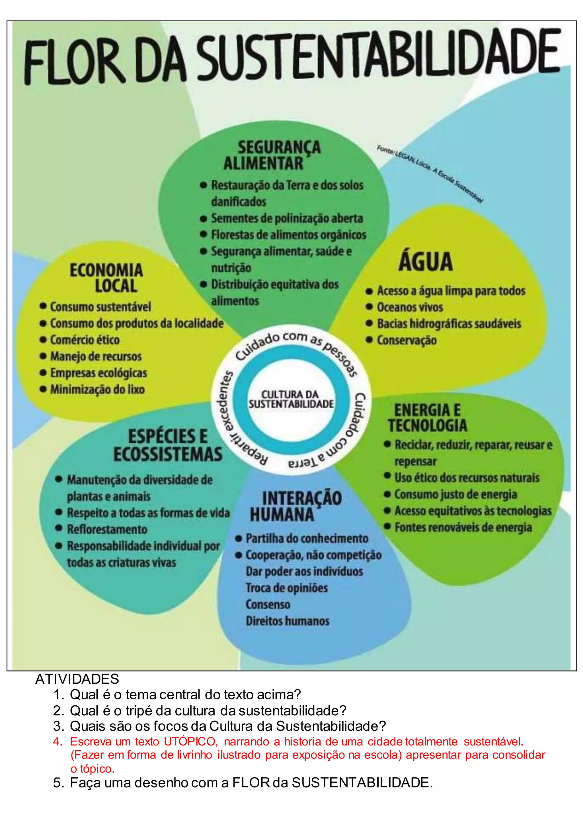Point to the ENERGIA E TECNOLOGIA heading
(x=427, y=418)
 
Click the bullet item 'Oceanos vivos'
(x=410, y=307)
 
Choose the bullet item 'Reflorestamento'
(x=107, y=529)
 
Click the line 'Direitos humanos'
(x=287, y=621)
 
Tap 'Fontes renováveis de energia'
(x=463, y=528)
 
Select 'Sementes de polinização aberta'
(x=287, y=218)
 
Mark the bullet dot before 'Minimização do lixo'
(x=43, y=389)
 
